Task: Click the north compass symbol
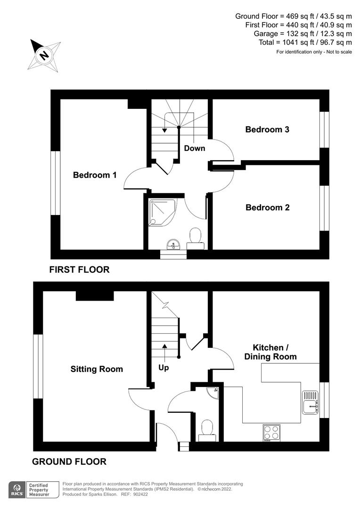tap(45, 56)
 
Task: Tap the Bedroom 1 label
tap(94, 175)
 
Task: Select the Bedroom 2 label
tap(268, 207)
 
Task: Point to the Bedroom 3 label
tap(267, 129)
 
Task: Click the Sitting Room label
tap(97, 369)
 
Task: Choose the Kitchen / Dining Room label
tap(270, 352)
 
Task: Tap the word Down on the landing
tap(195, 148)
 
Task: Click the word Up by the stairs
tap(164, 367)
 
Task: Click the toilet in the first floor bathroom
tap(195, 237)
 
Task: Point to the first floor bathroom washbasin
tap(173, 245)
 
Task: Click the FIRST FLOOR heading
tap(79, 270)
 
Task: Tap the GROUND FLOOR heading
tap(69, 461)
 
